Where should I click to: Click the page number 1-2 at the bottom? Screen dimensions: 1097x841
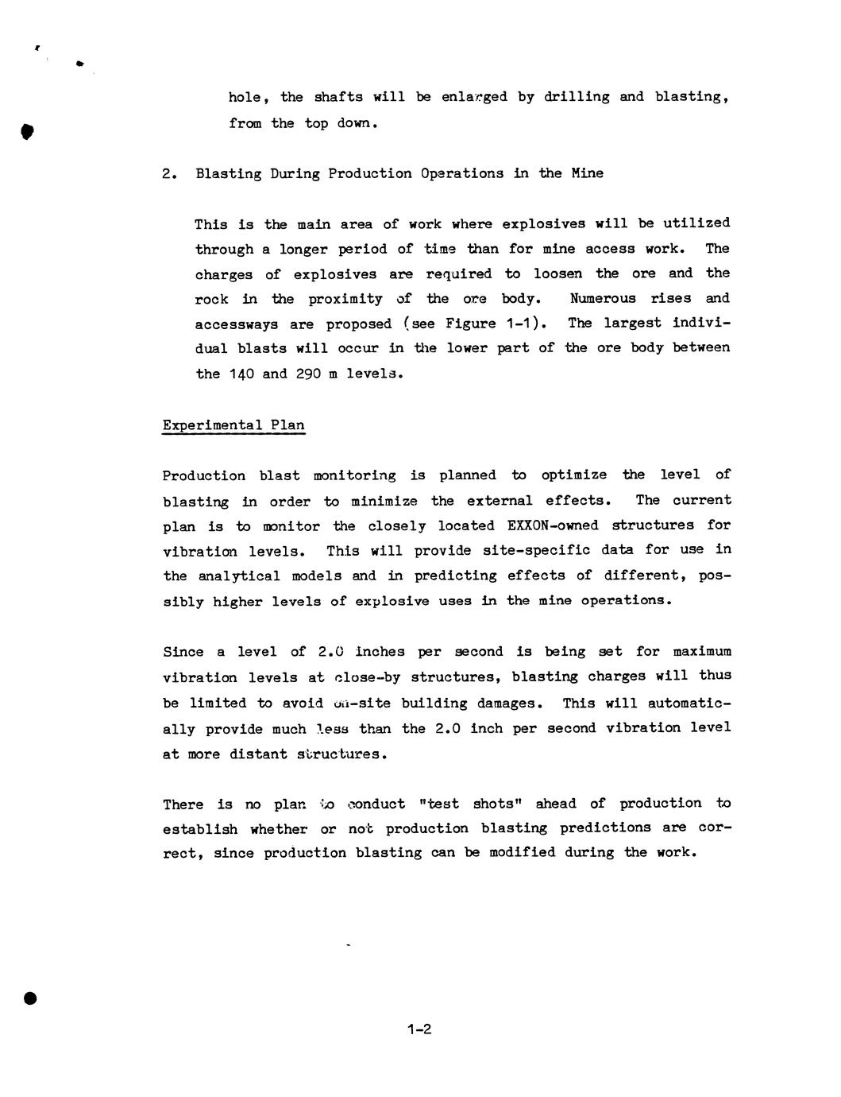tap(419, 1029)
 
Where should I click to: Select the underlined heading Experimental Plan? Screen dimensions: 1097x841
tap(233, 424)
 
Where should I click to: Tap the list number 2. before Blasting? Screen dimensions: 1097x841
tap(169, 173)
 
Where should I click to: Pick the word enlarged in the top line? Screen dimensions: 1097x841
tap(474, 97)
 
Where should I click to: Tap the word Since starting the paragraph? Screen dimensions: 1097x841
tap(183, 652)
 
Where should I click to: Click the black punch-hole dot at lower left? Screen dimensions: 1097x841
tap(30, 998)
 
